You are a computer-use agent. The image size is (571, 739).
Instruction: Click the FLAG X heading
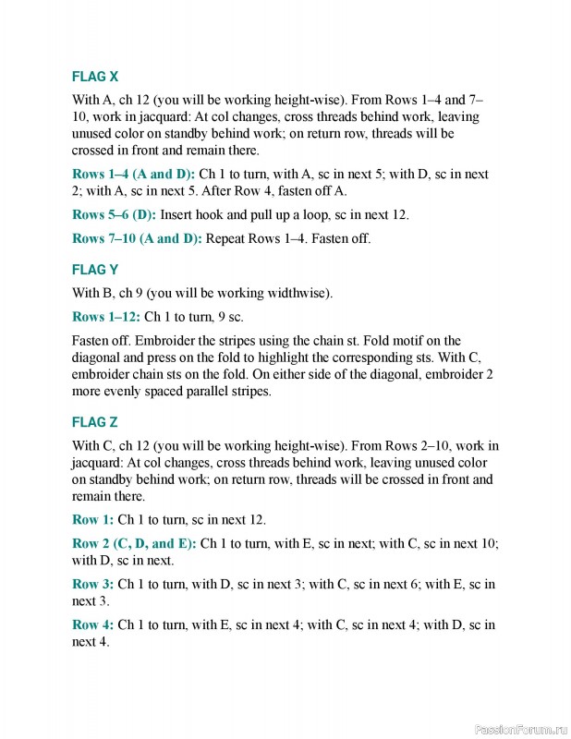coord(94,76)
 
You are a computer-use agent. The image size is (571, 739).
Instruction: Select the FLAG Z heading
coord(94,422)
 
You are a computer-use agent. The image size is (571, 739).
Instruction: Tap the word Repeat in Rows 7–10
coord(227,238)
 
